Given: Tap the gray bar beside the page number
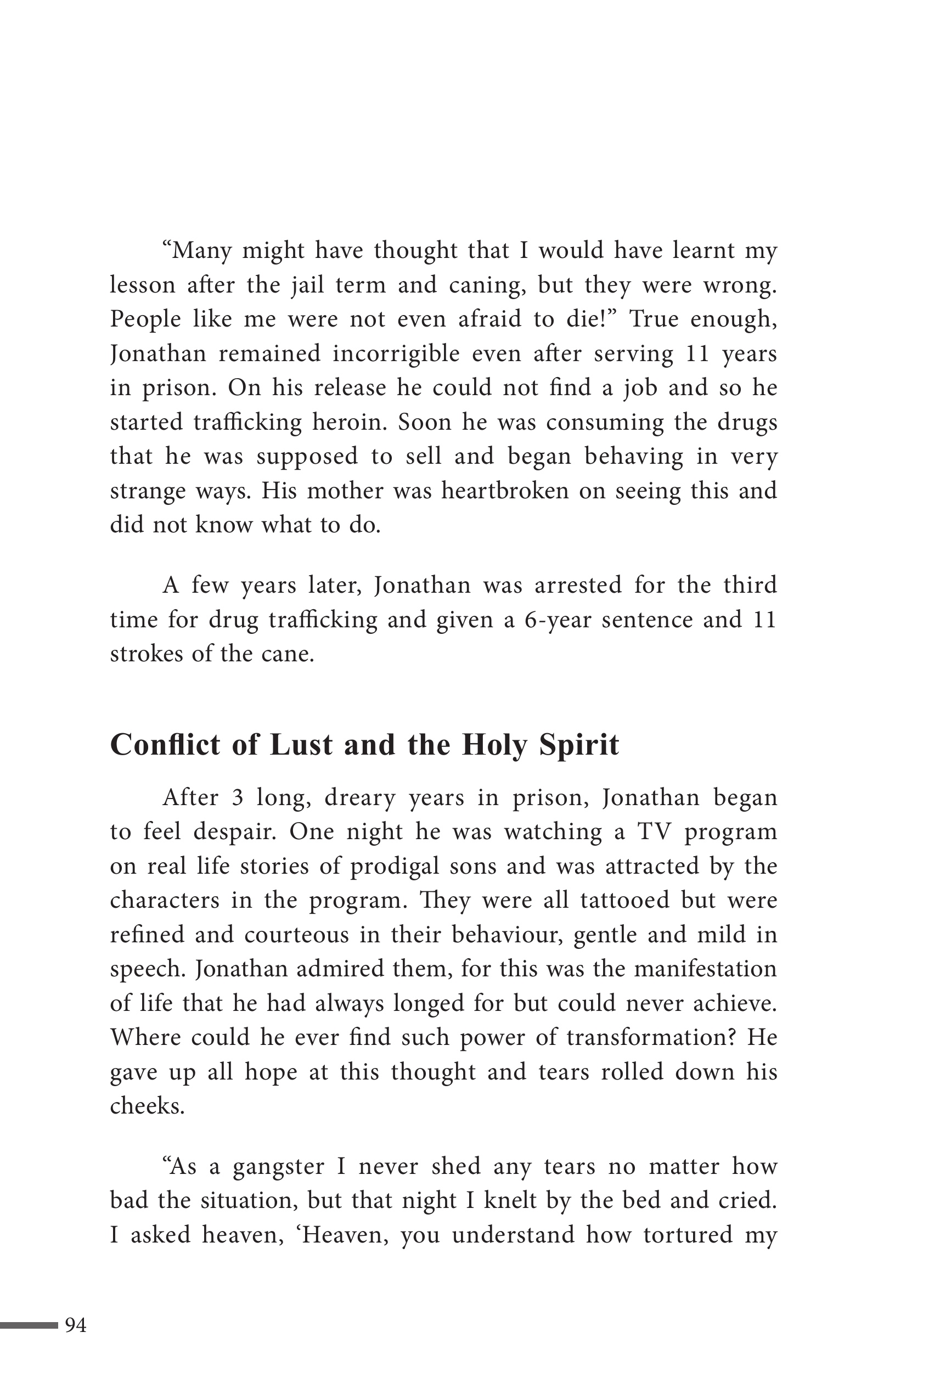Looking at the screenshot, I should [29, 1325].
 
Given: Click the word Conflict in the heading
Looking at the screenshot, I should [166, 745].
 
